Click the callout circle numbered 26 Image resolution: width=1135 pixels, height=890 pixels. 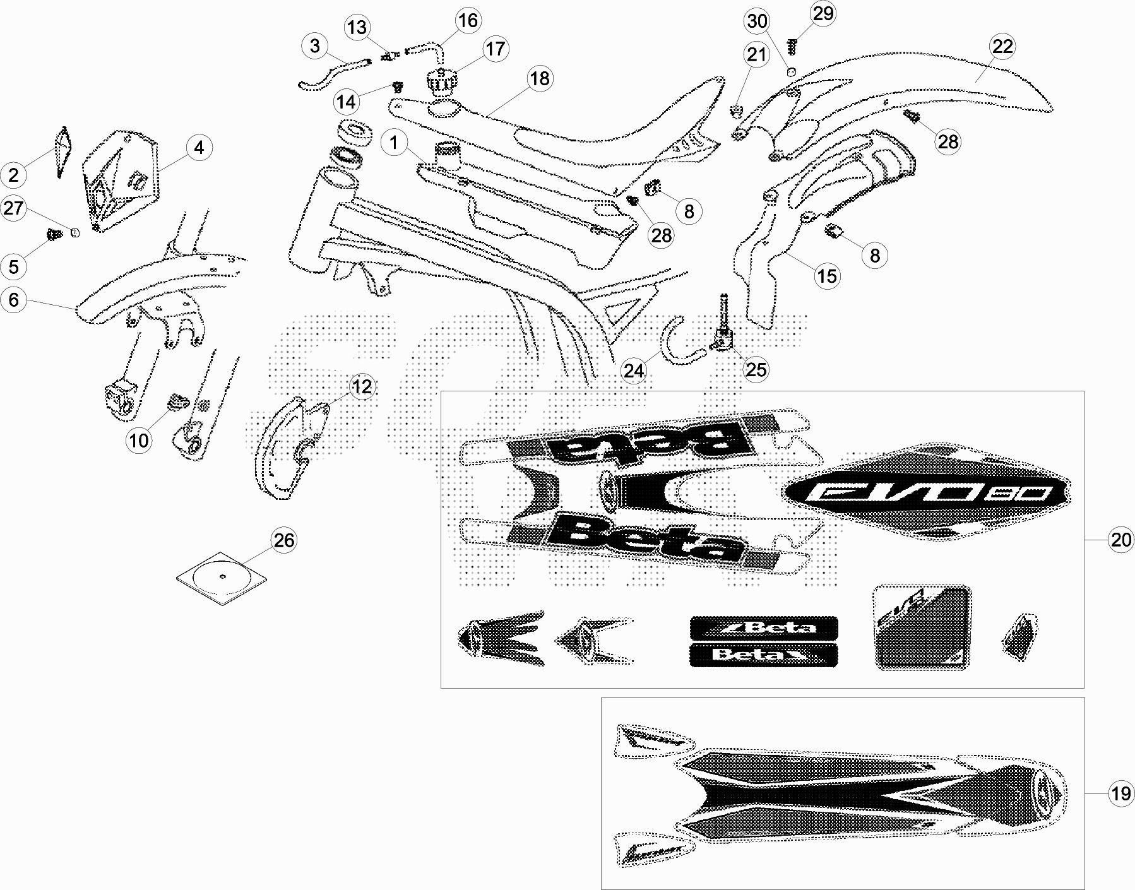point(283,540)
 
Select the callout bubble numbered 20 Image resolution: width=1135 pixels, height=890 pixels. point(1121,540)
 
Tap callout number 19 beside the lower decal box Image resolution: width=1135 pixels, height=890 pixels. point(1121,793)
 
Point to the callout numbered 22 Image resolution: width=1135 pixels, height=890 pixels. point(1002,47)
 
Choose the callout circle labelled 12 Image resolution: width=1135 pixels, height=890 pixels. point(362,386)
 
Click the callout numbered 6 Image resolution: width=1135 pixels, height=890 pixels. point(14,300)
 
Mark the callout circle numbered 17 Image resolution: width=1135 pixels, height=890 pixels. point(496,49)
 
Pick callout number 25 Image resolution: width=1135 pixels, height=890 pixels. point(756,369)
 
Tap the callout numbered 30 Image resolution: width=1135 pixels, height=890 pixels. point(757,21)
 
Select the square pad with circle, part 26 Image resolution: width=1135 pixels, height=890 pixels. point(221,578)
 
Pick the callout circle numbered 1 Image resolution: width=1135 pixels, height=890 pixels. point(395,143)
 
